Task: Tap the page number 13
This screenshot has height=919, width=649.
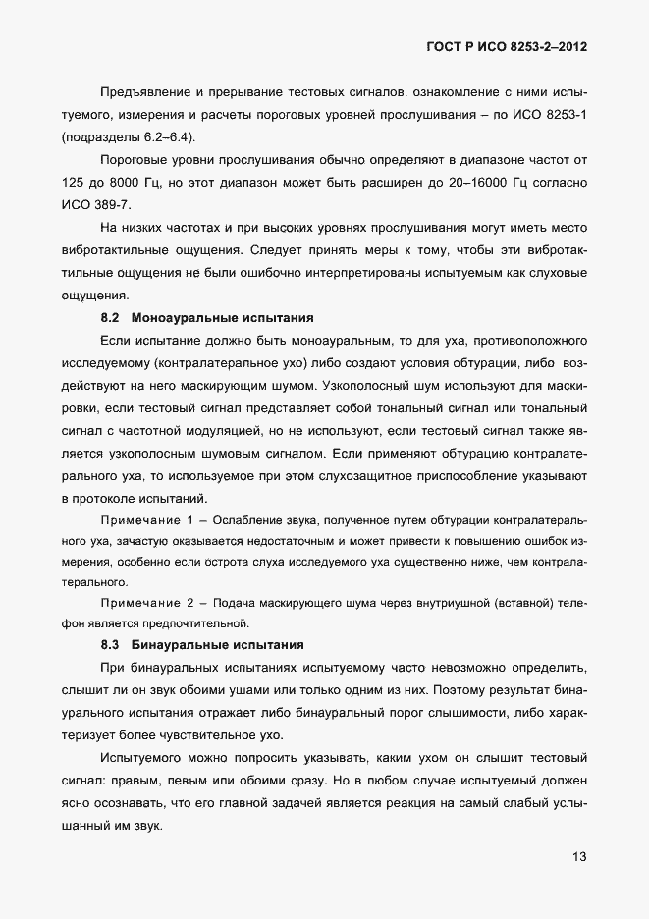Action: tap(579, 856)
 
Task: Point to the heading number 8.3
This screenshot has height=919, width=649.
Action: tap(110, 645)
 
